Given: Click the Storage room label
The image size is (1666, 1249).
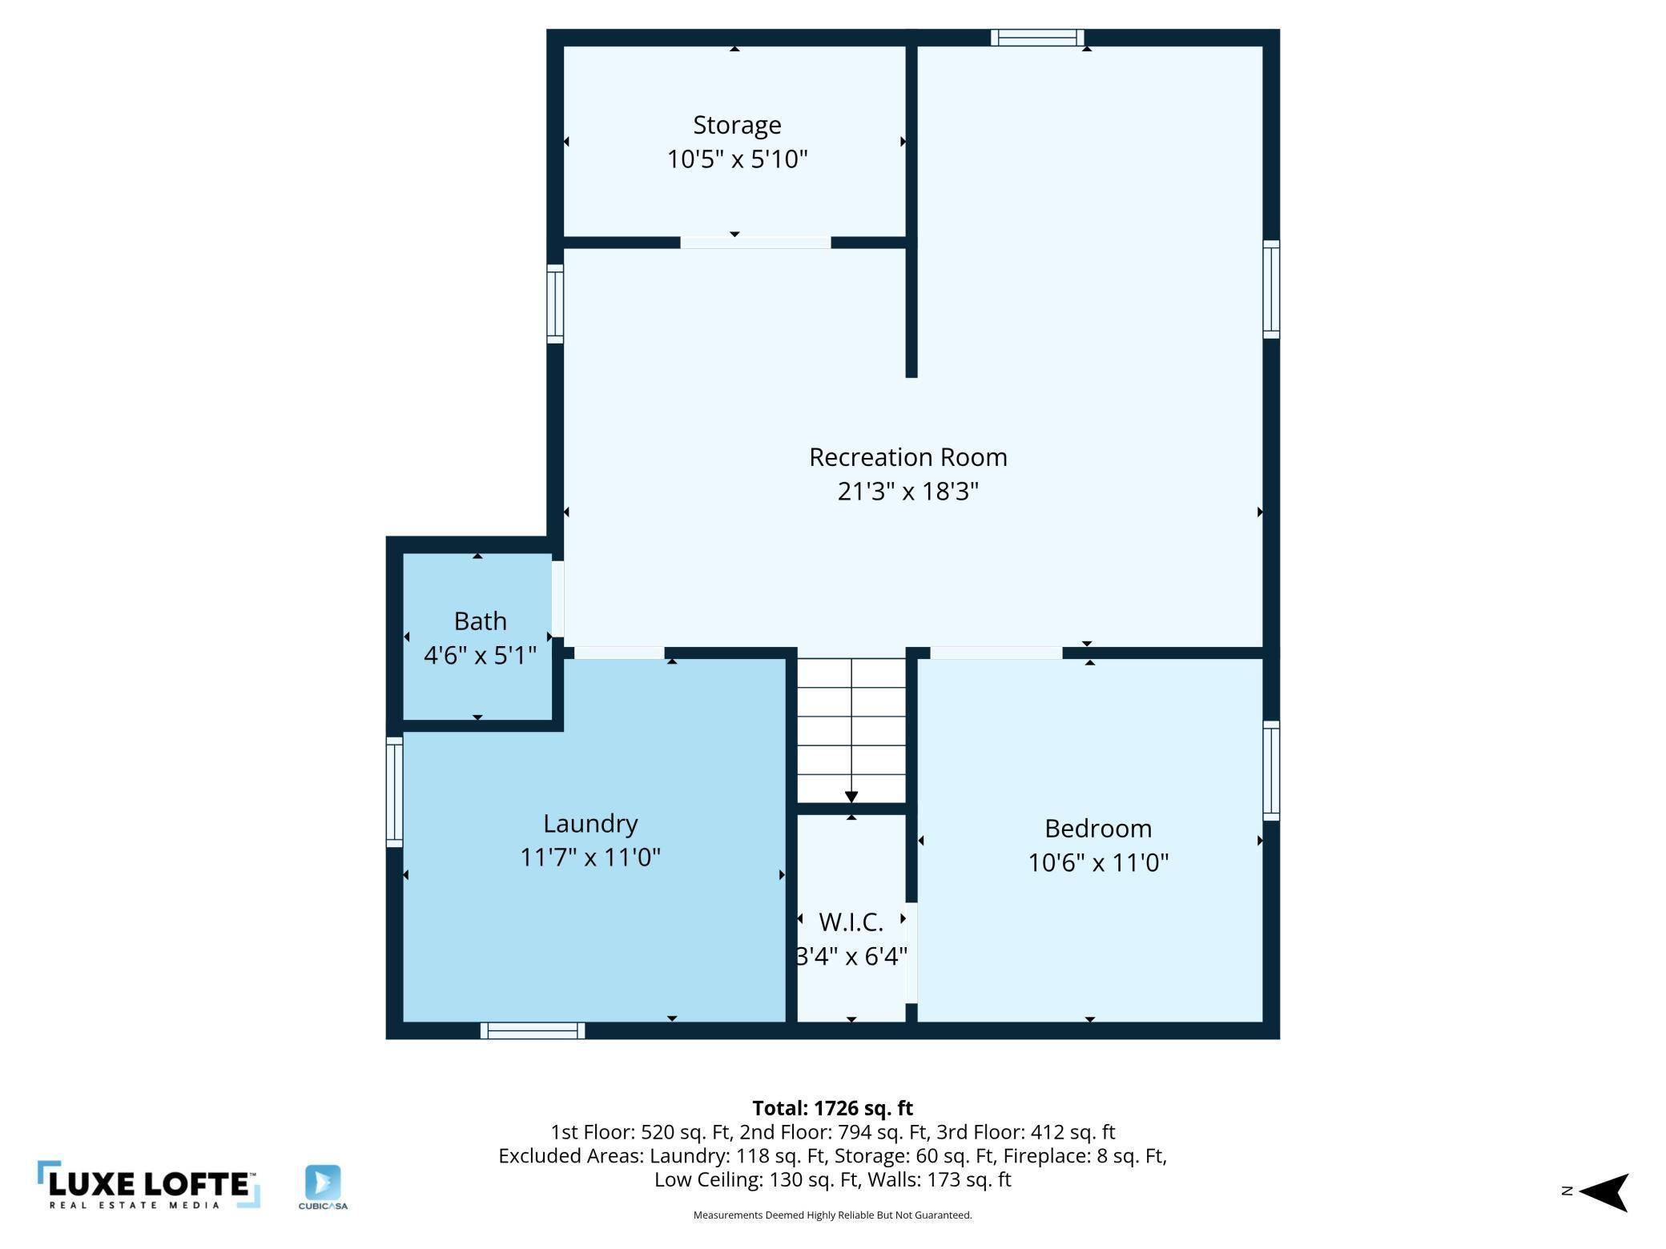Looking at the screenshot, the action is coord(737,126).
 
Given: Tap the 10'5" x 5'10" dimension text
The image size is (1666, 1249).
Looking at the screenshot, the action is coord(737,159).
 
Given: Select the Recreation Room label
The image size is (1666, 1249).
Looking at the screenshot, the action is coord(907,457).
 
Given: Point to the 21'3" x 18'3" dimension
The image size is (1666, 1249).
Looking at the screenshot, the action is coord(907,491).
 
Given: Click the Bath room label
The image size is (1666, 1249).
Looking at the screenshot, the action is coord(480,621).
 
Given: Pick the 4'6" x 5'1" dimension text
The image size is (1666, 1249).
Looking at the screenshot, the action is coord(480,656).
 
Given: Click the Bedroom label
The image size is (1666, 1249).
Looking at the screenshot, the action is coord(1098,829).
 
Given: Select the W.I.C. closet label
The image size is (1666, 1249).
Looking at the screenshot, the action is coord(851,922).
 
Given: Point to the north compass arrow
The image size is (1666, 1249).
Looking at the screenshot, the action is coord(1604,1192).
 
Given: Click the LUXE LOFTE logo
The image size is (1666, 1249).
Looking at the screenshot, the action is coord(149,1184).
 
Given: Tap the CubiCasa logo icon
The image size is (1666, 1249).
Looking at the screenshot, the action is coord(323,1183).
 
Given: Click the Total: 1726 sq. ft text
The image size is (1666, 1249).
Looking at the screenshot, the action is coord(832,1108).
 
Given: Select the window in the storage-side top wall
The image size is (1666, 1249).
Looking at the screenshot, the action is coord(1037,38).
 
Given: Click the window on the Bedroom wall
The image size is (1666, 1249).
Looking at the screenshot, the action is coord(1271,770).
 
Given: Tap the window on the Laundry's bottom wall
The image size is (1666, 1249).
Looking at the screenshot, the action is coord(533,1030).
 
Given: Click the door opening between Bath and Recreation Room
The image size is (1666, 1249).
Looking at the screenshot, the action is coord(557,599).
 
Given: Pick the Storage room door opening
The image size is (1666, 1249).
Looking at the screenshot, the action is coord(755,243).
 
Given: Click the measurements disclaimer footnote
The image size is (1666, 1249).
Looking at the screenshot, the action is coord(832,1215).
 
